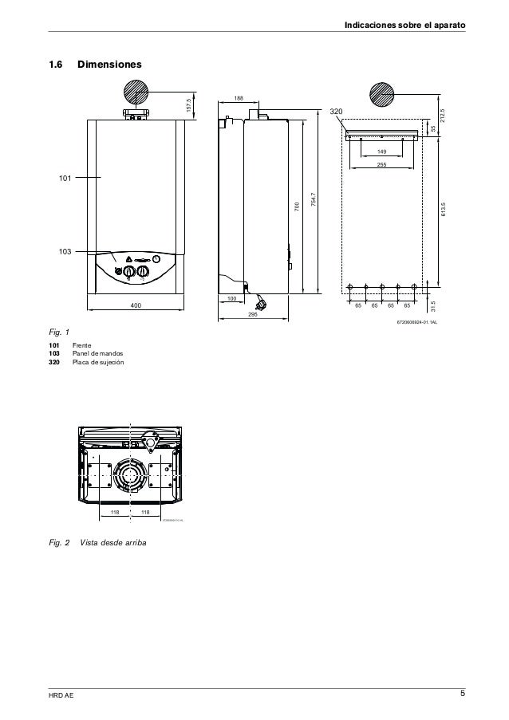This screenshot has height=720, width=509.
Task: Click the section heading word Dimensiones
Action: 109,62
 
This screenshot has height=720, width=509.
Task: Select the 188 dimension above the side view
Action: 239,98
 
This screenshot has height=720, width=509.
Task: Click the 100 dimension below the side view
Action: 231,298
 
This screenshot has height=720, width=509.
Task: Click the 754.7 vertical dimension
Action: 315,203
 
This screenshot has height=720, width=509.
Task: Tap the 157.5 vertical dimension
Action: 189,105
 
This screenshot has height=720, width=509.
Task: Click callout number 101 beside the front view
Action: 64,177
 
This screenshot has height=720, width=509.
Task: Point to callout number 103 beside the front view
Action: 64,251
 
